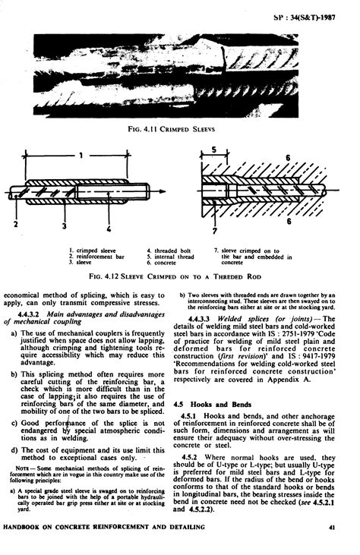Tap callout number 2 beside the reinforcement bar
[x=15, y=225]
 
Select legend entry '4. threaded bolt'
[x=166, y=249]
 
